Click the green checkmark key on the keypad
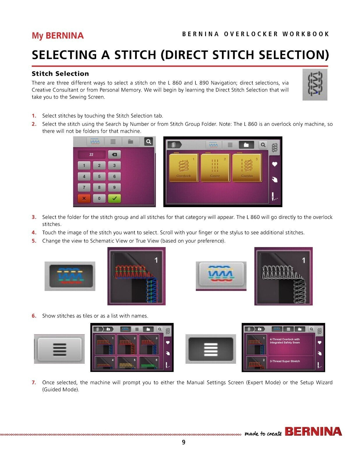pos(114,198)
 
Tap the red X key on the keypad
pos(84,198)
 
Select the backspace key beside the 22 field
pos(114,154)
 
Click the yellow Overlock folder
pos(184,167)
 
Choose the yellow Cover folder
pos(215,167)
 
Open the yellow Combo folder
pos(247,167)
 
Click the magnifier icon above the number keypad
pos(148,142)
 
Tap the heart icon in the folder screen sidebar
pos(275,164)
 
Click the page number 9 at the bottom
pos(183,442)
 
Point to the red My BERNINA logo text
pos(58,36)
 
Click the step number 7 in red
pos(34,382)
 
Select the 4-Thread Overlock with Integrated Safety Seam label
pos(285,341)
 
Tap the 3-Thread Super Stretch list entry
pos(285,361)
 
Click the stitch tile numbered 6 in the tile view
pos(149,363)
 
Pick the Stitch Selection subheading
pos(60,74)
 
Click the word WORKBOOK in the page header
pos(306,34)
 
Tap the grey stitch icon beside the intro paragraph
pos(315,84)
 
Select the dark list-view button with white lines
pos(211,349)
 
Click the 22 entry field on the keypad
pos(91,154)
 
